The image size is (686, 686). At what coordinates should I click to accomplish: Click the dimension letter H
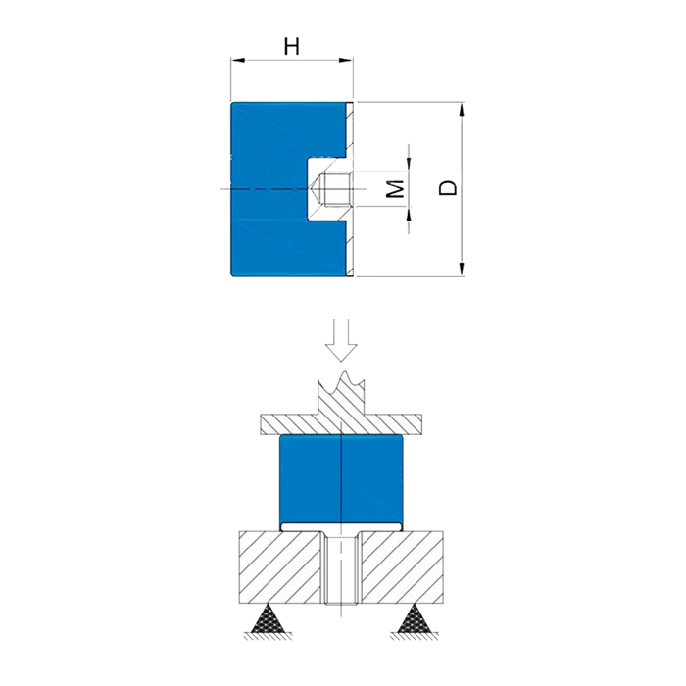pyautogui.click(x=292, y=46)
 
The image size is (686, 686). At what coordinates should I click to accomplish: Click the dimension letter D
pyautogui.click(x=448, y=188)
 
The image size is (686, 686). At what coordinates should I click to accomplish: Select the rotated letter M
pyautogui.click(x=396, y=188)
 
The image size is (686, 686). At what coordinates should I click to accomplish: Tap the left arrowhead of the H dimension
pyautogui.click(x=237, y=60)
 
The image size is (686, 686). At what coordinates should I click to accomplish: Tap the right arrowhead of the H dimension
pyautogui.click(x=346, y=60)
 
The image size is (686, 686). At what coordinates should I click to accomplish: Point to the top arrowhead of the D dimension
pyautogui.click(x=461, y=109)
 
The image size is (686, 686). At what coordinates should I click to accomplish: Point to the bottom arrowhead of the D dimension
pyautogui.click(x=461, y=269)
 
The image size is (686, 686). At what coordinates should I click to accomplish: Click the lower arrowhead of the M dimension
pyautogui.click(x=409, y=213)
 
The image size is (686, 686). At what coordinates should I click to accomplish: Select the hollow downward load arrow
pyautogui.click(x=341, y=340)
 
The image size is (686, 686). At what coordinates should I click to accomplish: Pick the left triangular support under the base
pyautogui.click(x=268, y=618)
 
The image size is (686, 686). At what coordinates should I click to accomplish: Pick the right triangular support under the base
pyautogui.click(x=414, y=618)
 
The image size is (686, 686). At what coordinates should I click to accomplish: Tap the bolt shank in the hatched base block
pyautogui.click(x=341, y=568)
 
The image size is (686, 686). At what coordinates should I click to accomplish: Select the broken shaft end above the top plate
pyautogui.click(x=341, y=392)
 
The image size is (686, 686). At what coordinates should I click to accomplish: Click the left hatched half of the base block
pyautogui.click(x=281, y=567)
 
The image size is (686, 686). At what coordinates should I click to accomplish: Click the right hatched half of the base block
pyautogui.click(x=401, y=567)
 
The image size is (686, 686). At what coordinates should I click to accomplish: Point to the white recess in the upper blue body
pyautogui.click(x=326, y=188)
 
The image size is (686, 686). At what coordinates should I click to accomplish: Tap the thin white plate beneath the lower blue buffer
pyautogui.click(x=341, y=527)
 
